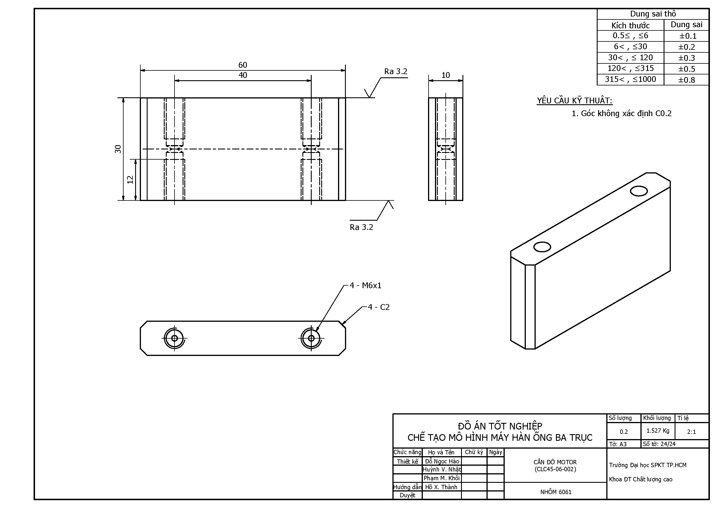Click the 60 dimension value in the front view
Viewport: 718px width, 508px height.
(243, 65)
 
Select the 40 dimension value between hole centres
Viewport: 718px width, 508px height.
(243, 75)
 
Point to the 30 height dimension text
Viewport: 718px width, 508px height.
(118, 149)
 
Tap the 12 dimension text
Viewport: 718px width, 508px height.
(130, 180)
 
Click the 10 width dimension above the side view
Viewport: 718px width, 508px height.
(445, 75)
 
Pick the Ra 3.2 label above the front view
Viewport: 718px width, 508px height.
(396, 71)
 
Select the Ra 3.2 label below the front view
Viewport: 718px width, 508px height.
(361, 227)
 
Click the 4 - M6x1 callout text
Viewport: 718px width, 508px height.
(365, 286)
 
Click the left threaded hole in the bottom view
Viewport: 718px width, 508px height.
(175, 338)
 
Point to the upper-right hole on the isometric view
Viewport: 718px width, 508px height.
(639, 191)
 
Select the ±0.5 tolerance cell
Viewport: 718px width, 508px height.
(686, 69)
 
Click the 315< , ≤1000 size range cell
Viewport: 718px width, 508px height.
(630, 79)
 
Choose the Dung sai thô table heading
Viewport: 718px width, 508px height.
(653, 14)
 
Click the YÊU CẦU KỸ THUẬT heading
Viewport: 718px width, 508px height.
(574, 101)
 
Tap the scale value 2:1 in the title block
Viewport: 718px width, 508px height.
(691, 432)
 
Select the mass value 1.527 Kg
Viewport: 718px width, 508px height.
(658, 431)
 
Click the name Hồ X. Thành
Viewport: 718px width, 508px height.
(441, 487)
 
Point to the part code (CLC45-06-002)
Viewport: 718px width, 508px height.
(555, 469)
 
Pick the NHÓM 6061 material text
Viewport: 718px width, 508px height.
(556, 492)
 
